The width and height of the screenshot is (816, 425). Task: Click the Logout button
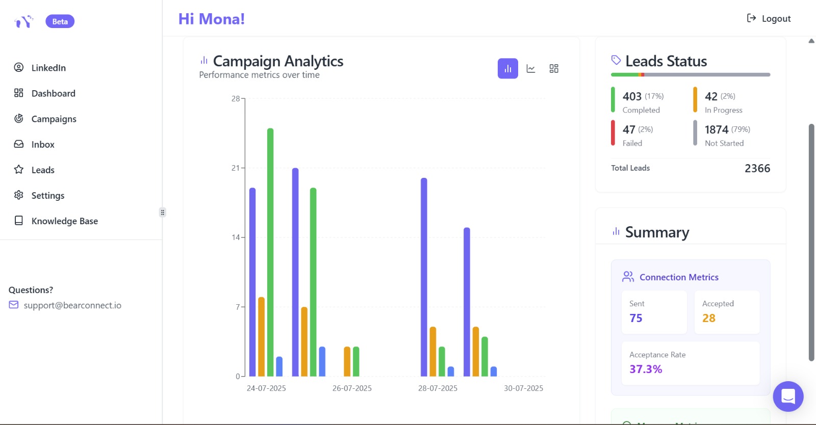pyautogui.click(x=769, y=19)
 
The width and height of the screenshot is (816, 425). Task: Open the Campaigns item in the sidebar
pyautogui.click(x=54, y=119)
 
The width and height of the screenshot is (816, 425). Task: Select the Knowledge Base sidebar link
pyautogui.click(x=64, y=221)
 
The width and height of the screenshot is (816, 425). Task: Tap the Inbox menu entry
pyautogui.click(x=43, y=144)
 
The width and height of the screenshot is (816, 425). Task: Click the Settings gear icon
pyautogui.click(x=19, y=195)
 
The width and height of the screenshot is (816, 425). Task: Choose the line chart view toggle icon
pyautogui.click(x=531, y=69)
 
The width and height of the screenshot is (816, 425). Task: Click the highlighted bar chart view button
pyautogui.click(x=507, y=69)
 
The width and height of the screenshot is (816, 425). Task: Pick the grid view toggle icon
pyautogui.click(x=554, y=69)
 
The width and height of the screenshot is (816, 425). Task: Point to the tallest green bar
pyautogui.click(x=270, y=252)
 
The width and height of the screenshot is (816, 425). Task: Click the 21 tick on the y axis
pyautogui.click(x=235, y=168)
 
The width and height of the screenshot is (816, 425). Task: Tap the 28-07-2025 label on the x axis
pyautogui.click(x=438, y=388)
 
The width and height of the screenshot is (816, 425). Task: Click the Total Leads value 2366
pyautogui.click(x=757, y=169)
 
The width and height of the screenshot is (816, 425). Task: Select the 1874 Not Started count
pyautogui.click(x=716, y=129)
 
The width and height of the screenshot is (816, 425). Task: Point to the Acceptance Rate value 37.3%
pyautogui.click(x=646, y=369)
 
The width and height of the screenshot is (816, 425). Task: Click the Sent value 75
pyautogui.click(x=636, y=318)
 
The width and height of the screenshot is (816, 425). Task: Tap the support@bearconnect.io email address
pyautogui.click(x=72, y=305)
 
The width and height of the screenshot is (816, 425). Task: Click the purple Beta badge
pyautogui.click(x=60, y=21)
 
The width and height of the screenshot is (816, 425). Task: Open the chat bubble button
pyautogui.click(x=788, y=396)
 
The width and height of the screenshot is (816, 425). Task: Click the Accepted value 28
pyautogui.click(x=709, y=318)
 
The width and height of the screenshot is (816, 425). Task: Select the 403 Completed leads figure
pyautogui.click(x=632, y=96)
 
